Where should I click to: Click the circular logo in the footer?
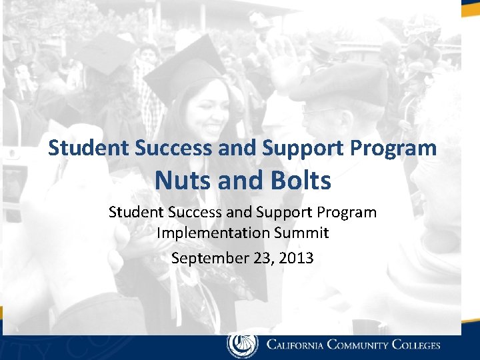tap(242, 345)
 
